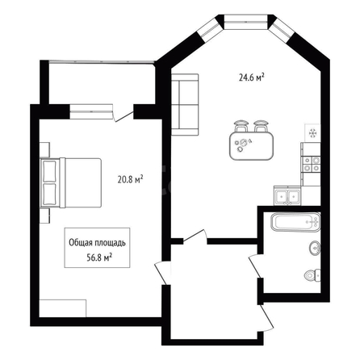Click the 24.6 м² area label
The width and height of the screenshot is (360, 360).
251,77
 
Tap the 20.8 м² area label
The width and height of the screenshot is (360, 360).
130,179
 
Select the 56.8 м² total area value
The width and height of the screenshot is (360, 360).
99,257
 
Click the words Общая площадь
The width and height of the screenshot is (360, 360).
97,242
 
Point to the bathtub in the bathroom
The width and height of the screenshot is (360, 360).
295,222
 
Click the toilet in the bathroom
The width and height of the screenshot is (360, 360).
312,275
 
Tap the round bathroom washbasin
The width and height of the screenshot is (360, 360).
315,248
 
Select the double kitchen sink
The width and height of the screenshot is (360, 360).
287,195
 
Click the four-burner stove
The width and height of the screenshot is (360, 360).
311,165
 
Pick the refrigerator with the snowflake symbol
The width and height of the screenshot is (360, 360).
312,133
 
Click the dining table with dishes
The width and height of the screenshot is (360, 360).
251,146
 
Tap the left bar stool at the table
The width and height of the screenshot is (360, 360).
241,126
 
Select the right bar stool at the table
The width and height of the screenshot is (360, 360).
261,126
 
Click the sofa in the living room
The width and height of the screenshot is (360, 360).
185,104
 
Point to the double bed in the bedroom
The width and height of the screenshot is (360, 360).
70,182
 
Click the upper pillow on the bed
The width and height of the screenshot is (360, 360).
49,171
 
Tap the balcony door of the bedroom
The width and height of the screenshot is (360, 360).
123,114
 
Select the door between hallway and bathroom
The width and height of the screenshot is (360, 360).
255,266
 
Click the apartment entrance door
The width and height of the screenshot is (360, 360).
267,316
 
